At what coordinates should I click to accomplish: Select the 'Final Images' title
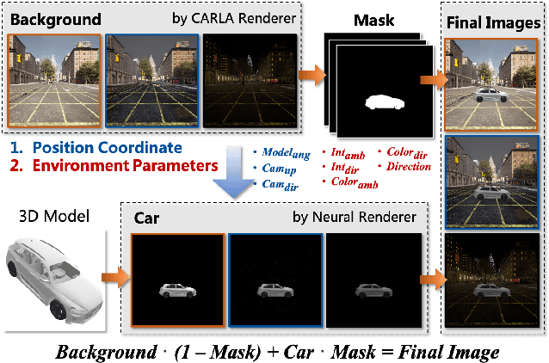pyautogui.click(x=490, y=22)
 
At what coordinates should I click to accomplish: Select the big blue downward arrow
pyautogui.click(x=238, y=177)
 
